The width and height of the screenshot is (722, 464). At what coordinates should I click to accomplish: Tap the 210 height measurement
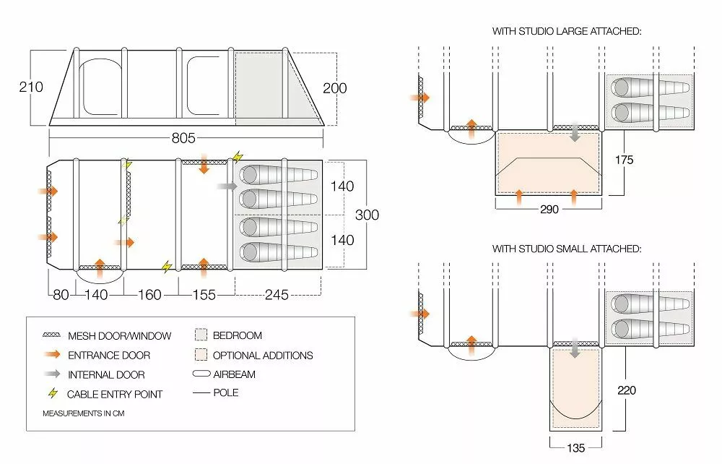(31, 87)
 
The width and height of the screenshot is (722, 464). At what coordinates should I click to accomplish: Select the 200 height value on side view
(334, 88)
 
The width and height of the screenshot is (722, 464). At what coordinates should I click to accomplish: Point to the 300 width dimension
(367, 215)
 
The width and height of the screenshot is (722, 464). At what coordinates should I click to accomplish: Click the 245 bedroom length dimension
(277, 295)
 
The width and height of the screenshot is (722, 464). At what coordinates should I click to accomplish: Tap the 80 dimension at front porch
(61, 295)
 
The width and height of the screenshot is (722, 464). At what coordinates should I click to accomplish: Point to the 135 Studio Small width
(575, 447)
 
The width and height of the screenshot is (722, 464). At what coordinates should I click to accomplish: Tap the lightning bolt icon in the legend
(51, 394)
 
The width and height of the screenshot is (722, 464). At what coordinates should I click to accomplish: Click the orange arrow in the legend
(51, 355)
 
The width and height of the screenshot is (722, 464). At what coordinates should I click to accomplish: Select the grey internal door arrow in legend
(51, 374)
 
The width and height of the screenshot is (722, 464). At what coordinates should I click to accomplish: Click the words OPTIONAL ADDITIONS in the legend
(263, 355)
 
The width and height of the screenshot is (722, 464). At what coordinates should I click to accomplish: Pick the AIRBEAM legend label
(234, 374)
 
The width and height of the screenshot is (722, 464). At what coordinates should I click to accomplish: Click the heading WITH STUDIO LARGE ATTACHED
(567, 32)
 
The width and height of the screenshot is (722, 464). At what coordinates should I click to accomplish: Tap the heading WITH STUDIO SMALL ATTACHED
(567, 249)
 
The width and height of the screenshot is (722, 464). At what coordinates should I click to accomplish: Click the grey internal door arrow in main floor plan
(226, 186)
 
